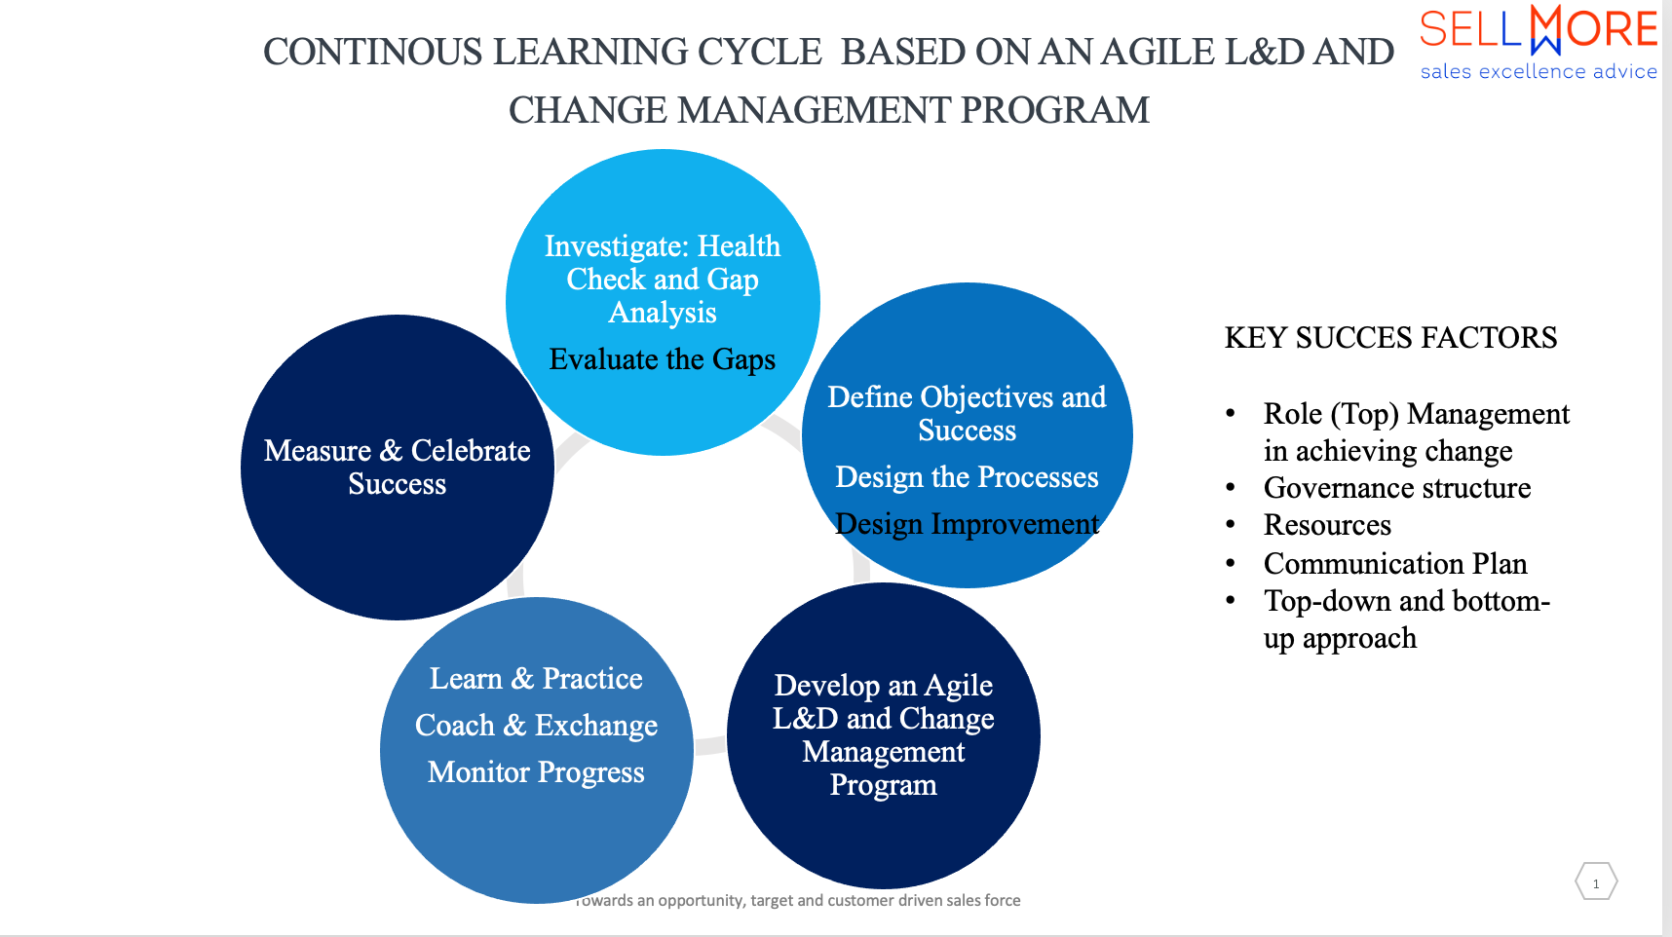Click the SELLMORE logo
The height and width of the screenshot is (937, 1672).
tap(1539, 29)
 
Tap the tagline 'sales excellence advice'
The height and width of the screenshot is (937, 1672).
tap(1539, 71)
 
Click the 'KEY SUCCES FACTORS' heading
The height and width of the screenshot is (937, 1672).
tap(1390, 338)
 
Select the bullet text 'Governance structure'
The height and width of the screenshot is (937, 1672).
tap(1397, 488)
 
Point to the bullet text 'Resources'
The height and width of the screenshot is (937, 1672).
tap(1327, 525)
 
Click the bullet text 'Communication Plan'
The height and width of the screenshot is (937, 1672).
tap(1395, 564)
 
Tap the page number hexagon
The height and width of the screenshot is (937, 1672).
tap(1596, 882)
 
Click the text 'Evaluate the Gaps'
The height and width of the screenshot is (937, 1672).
tap(663, 359)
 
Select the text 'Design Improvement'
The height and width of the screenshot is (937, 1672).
tap(967, 524)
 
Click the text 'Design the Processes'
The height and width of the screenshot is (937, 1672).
tap(967, 477)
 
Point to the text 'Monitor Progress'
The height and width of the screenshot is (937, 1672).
tap(536, 772)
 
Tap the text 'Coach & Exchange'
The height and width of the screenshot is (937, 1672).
tap(536, 726)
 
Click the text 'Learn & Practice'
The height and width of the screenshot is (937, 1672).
tap(536, 679)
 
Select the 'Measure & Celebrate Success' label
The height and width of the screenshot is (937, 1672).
tap(398, 468)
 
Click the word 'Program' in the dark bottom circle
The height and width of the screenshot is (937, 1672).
tap(883, 785)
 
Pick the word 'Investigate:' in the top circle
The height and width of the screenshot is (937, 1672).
tap(617, 246)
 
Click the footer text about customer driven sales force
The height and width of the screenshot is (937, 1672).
tap(798, 900)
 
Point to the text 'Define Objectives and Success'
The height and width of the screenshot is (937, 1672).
tap(967, 414)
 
